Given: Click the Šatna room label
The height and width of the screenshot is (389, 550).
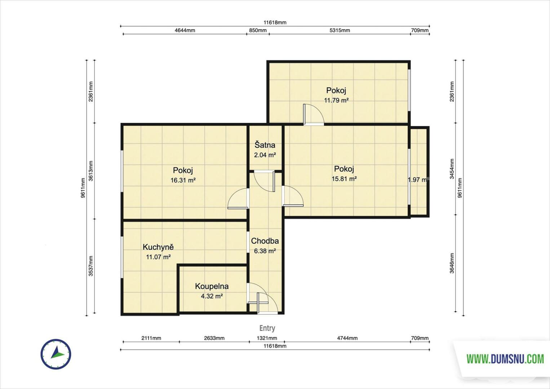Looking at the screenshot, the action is (265, 145).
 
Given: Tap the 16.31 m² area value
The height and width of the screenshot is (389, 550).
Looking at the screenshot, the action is (183, 180).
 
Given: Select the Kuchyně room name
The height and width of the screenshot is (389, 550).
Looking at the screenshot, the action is (158, 247).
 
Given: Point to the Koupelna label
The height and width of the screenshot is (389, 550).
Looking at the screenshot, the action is (212, 286).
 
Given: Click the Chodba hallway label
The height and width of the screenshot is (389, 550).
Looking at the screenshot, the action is (265, 241).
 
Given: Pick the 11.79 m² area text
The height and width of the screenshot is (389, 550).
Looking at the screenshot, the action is (336, 100).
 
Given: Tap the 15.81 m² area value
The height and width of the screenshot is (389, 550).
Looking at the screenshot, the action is (344, 179).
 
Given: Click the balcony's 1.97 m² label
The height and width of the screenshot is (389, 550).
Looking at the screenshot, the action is (418, 180).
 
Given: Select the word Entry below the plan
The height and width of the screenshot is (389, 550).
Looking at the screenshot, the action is (267, 328).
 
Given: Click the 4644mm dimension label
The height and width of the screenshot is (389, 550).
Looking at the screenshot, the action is (185, 30).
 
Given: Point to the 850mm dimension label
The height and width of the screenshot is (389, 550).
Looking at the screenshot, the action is (258, 30).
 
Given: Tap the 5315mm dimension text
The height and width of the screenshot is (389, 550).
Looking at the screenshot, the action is (340, 30).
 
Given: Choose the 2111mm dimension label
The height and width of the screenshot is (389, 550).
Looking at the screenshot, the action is (151, 338).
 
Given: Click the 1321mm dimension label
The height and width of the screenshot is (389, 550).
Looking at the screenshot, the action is (267, 338).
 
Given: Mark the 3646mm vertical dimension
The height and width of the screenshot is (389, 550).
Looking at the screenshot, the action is (452, 263).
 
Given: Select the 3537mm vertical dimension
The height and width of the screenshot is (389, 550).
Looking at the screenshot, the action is (91, 266).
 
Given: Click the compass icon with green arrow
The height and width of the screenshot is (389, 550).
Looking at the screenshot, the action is (56, 354).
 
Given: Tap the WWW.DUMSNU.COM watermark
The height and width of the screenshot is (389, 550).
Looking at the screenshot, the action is (505, 359).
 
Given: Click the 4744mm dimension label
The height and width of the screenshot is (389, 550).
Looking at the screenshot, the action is (347, 338).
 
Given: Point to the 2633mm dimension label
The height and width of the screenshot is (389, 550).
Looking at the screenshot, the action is (214, 338).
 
